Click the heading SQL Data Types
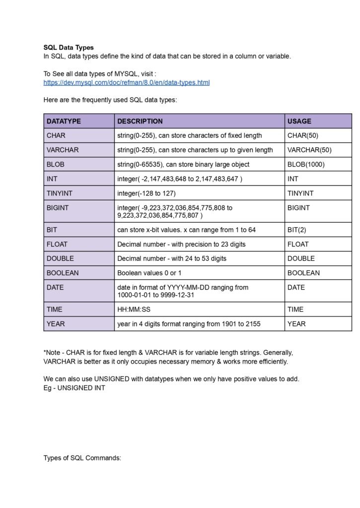click(69, 48)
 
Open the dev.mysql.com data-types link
click(127, 82)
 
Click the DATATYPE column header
click(64, 121)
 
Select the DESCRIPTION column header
click(140, 121)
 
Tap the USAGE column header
click(299, 121)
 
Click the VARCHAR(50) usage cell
click(309, 150)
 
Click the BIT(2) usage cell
click(298, 230)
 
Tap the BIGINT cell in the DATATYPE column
click(58, 208)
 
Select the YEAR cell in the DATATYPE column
click(55, 324)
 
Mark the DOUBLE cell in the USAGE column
click(300, 258)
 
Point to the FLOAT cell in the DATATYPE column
click(57, 244)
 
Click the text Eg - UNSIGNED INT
click(74, 388)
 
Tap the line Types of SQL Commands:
click(82, 458)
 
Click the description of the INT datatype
click(180, 179)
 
